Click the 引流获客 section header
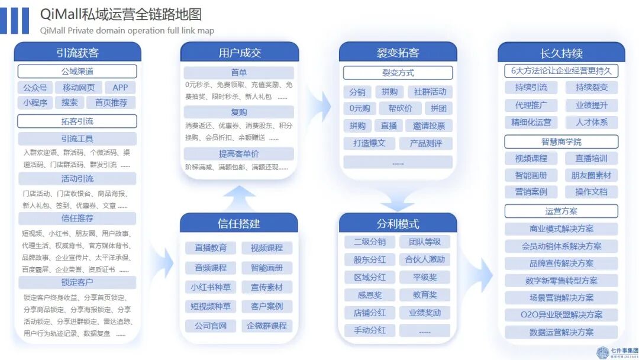(x=78, y=52)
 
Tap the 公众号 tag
(x=35, y=88)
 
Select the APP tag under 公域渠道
(x=120, y=88)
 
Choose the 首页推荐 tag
(x=111, y=102)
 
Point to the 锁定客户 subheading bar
(x=78, y=282)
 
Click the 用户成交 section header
(x=240, y=52)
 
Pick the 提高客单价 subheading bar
(x=239, y=153)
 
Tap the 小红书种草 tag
(x=210, y=287)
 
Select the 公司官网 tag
(x=210, y=326)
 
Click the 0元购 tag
(x=359, y=108)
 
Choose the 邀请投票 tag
(x=429, y=126)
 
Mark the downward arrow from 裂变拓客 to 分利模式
(x=397, y=199)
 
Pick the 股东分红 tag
(x=370, y=259)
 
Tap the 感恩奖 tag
(x=370, y=295)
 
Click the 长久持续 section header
(x=561, y=52)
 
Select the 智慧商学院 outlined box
(x=561, y=142)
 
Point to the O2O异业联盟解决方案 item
(x=561, y=315)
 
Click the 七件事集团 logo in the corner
(x=615, y=352)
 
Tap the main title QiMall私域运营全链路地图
(x=121, y=14)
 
